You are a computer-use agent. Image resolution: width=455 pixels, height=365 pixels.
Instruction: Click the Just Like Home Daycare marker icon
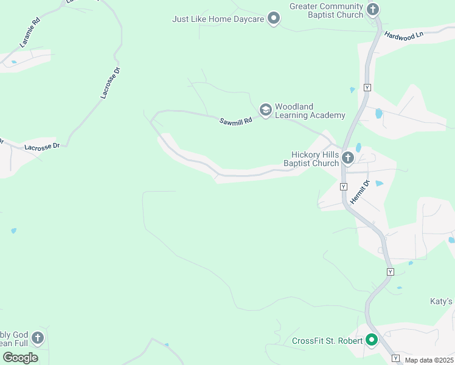[274, 19]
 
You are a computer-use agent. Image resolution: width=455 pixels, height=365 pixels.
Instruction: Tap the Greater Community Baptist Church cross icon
[373, 10]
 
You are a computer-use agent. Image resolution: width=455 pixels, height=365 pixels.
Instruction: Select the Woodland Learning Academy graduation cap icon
[265, 110]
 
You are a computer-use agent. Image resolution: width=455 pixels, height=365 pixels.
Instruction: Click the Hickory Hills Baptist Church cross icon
[348, 159]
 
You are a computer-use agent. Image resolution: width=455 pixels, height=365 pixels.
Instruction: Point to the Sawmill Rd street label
[236, 122]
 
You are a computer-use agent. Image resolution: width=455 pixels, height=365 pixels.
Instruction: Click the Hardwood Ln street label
[403, 36]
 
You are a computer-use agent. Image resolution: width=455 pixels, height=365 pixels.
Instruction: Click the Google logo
[20, 357]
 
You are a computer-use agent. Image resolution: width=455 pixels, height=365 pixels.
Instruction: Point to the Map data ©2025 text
[429, 360]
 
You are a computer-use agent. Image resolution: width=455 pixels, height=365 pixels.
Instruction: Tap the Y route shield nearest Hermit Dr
[344, 186]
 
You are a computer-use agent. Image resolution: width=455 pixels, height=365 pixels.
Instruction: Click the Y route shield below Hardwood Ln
[367, 88]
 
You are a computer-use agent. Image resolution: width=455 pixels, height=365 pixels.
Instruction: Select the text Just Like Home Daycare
[218, 19]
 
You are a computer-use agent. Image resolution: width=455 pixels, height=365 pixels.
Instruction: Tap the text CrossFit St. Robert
[327, 341]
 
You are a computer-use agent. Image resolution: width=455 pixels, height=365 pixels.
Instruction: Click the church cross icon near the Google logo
[38, 338]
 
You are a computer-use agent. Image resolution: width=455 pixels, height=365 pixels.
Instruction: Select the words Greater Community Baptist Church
[326, 10]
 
